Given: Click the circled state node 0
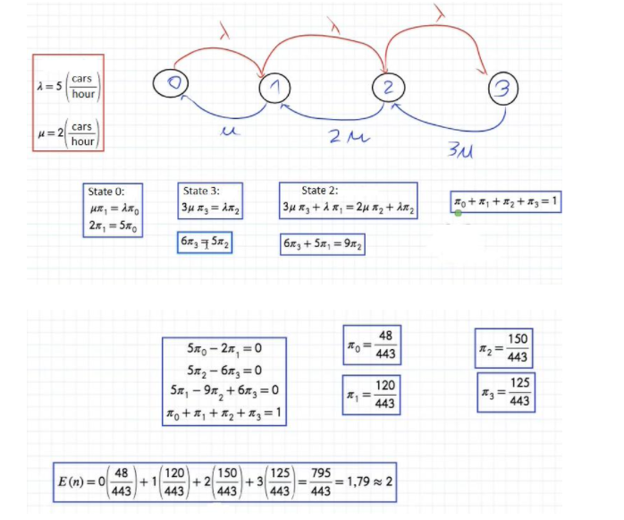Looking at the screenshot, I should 173,81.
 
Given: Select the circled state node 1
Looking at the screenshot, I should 275,87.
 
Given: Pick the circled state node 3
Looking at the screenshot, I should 503,90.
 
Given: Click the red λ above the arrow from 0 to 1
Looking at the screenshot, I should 225,34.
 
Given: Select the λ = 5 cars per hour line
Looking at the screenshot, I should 68,86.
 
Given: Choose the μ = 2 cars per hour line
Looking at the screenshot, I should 68,133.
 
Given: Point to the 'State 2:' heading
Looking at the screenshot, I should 321,191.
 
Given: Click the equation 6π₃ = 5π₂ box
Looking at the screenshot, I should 205,243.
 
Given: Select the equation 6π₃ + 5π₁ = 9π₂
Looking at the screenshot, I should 322,244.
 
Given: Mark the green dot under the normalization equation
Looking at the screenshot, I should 458,213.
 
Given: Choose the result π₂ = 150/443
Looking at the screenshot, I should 505,347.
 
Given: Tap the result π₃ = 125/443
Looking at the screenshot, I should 505,392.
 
